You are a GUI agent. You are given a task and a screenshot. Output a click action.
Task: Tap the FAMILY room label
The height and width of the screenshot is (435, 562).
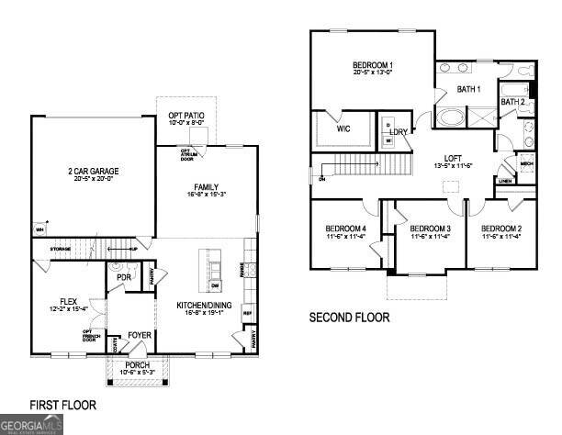coord(206,187)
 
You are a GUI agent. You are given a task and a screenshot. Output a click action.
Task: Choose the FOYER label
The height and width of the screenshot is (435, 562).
coord(140,335)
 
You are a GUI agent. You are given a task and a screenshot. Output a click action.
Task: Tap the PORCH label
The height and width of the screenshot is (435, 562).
coord(138,366)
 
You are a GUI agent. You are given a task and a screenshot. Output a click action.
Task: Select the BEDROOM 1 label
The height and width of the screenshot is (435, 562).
coord(373,65)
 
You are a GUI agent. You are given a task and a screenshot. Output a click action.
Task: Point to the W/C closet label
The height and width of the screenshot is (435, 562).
coord(343,129)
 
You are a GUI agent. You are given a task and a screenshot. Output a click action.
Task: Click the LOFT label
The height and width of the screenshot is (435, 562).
coord(451,157)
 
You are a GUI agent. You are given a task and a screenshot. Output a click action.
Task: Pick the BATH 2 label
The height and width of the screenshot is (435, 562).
coord(512,102)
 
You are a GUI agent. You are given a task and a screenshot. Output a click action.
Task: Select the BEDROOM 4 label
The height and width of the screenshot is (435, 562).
coord(345,228)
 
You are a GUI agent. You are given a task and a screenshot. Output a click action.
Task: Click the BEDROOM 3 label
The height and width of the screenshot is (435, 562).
coord(430,228)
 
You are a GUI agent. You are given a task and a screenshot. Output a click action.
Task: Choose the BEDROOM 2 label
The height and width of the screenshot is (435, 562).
coord(501,228)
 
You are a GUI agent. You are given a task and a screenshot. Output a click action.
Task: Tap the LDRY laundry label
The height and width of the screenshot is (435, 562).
coord(398,132)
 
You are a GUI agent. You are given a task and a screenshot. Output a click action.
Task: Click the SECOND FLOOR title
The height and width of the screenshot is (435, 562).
coord(348,318)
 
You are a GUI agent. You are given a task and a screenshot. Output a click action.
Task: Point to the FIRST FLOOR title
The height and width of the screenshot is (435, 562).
coord(63,404)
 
